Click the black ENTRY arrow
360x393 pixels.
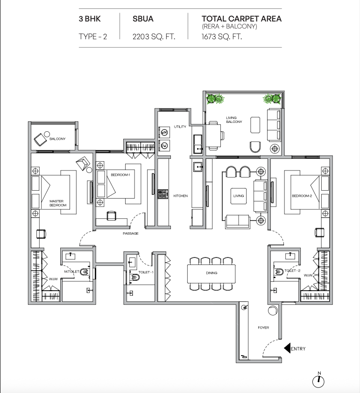[287, 348]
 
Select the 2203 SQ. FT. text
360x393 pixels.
[154, 37]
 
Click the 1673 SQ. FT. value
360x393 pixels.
[222, 37]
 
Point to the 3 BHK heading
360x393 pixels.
[90, 19]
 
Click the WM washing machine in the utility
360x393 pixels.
[164, 132]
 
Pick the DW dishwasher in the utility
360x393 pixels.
[164, 145]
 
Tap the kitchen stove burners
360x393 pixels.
[163, 194]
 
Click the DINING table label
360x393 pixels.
[212, 273]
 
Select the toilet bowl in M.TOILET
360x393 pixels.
[85, 272]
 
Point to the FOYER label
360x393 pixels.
[263, 328]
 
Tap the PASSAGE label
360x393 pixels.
[131, 233]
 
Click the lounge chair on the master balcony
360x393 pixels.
[40, 139]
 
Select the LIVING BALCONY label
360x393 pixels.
[234, 120]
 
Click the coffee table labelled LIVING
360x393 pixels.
[238, 196]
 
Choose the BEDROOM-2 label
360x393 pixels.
[302, 196]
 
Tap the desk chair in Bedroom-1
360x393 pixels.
[112, 215]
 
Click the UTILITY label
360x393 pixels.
[180, 127]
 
